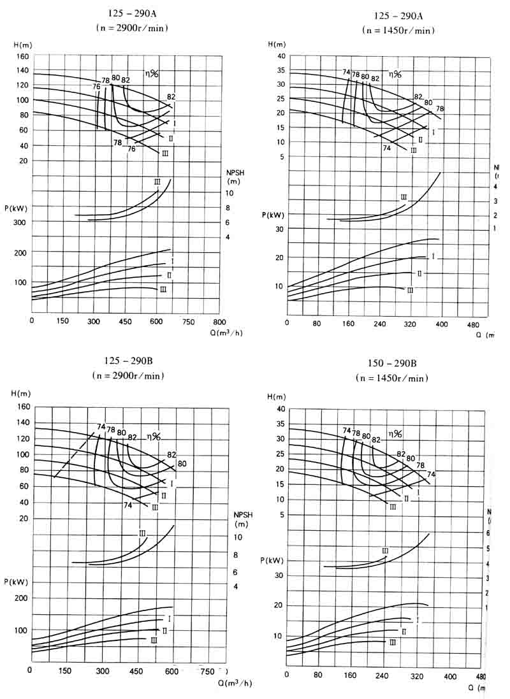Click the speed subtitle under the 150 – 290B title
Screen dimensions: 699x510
[392, 378]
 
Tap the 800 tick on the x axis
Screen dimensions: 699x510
[219, 321]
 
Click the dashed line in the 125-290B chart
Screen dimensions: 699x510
[74, 455]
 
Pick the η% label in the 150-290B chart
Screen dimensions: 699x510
[395, 434]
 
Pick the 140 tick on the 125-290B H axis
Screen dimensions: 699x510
[24, 422]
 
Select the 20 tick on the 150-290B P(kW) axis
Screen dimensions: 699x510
[278, 605]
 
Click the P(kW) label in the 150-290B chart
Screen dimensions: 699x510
[271, 560]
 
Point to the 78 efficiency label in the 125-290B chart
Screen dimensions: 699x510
[111, 429]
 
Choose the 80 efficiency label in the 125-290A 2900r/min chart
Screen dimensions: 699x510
[115, 78]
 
